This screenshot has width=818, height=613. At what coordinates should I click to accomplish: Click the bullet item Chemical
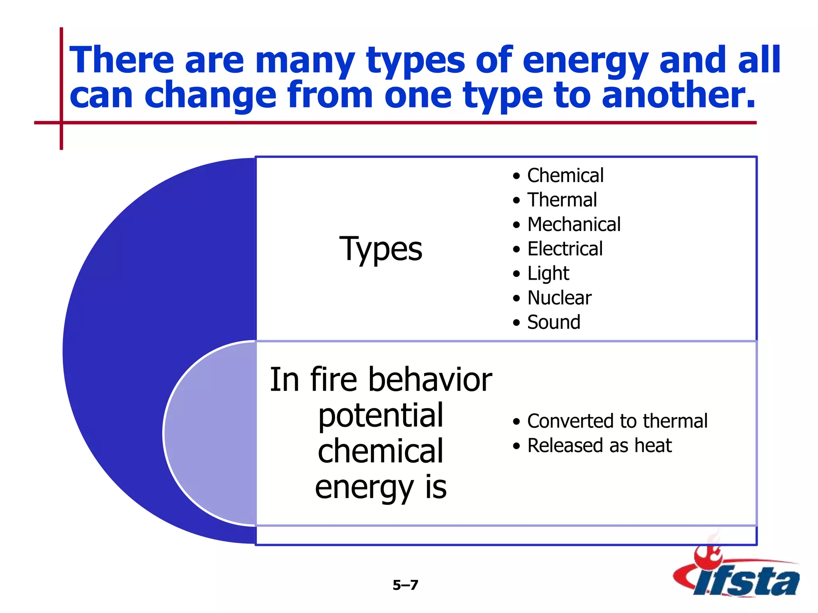click(x=565, y=176)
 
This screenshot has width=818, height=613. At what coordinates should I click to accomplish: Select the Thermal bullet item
click(x=562, y=200)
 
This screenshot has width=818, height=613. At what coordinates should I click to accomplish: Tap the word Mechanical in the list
click(x=574, y=224)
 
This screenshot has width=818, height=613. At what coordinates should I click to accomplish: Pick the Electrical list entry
click(x=565, y=249)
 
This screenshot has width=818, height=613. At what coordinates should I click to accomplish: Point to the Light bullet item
click(x=548, y=274)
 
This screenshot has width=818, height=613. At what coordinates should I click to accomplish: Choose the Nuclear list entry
click(x=559, y=298)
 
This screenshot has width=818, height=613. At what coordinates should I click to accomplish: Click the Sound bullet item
click(x=554, y=322)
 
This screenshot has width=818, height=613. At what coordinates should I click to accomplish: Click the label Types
click(x=381, y=249)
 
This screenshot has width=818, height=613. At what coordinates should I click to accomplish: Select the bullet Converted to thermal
click(x=617, y=421)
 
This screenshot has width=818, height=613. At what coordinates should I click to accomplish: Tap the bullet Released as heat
click(x=599, y=446)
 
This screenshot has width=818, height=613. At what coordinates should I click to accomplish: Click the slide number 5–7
click(x=405, y=585)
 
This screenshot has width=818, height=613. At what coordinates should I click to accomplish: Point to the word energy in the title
click(x=586, y=61)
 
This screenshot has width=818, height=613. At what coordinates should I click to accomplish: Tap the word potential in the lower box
click(x=381, y=416)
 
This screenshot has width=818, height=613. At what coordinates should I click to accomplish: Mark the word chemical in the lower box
click(x=381, y=451)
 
